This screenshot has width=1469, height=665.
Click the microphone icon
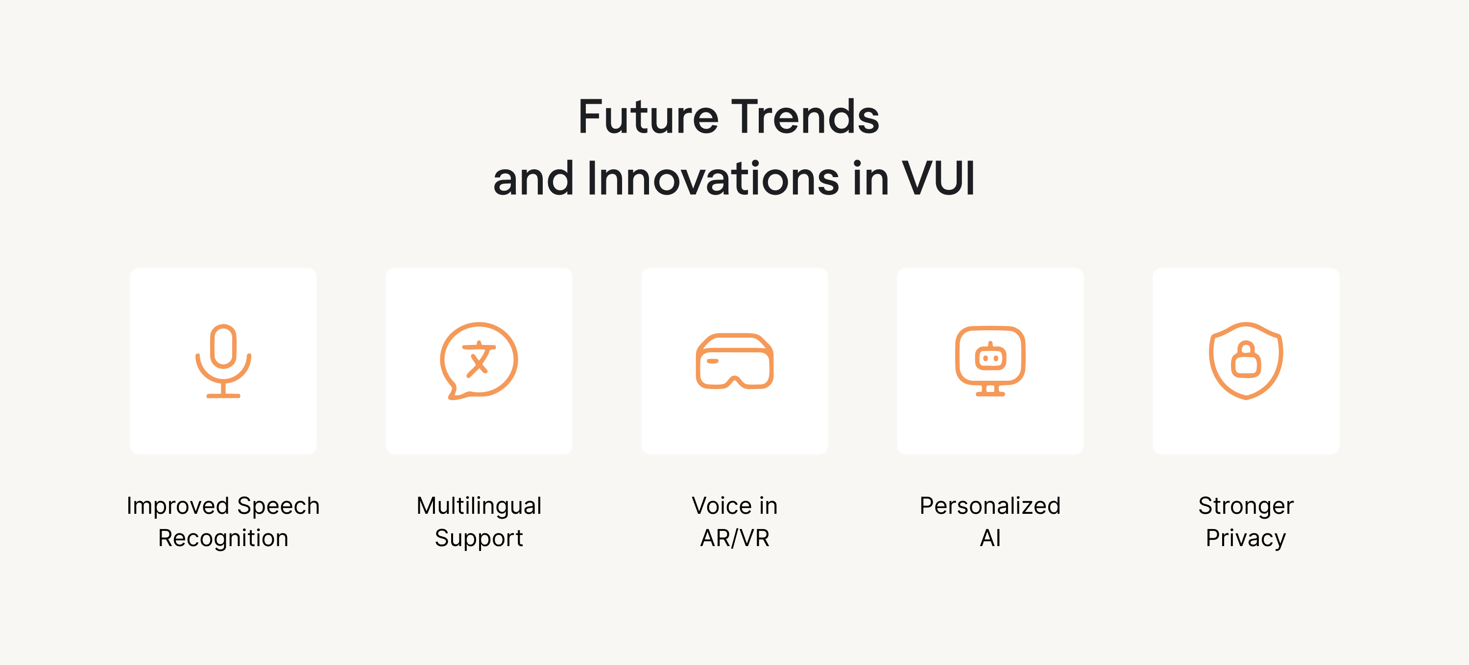(223, 360)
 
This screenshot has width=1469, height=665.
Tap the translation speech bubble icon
(479, 360)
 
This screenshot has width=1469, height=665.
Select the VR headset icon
(735, 361)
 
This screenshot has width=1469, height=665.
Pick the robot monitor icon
(990, 360)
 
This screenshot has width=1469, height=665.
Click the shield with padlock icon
(1246, 360)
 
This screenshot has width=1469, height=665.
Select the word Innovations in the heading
(712, 179)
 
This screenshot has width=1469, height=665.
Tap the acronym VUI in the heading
(938, 179)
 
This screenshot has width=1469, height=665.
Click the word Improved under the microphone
(177, 506)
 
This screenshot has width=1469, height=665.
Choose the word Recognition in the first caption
(223, 538)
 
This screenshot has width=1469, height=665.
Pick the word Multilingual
(479, 506)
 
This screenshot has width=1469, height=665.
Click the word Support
(479, 538)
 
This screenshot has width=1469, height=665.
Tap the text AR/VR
(735, 538)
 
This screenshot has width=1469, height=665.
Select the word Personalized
(990, 506)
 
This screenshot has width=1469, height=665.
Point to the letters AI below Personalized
(990, 538)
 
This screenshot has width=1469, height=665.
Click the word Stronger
(1246, 506)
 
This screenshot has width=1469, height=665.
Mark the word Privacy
(1246, 538)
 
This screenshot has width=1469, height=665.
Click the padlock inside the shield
(1246, 361)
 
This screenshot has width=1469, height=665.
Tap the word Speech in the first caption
(278, 506)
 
